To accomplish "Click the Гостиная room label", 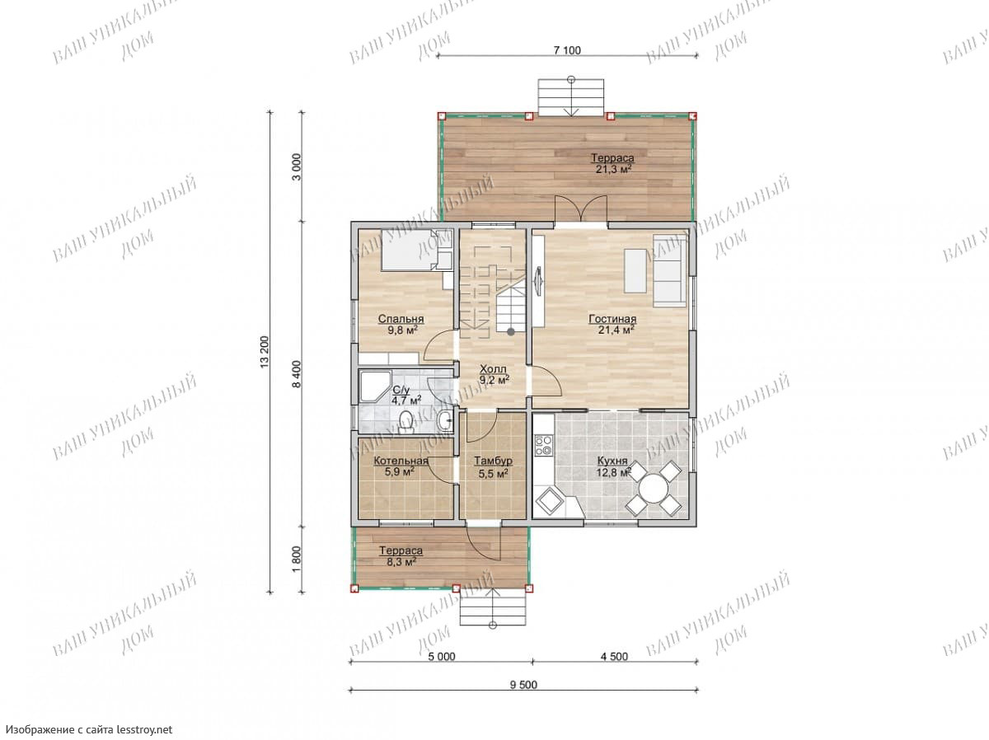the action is (612, 319).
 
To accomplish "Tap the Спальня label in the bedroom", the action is (400, 319).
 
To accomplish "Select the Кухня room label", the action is (612, 461).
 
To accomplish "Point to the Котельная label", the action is (400, 461).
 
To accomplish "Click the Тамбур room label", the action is (493, 461).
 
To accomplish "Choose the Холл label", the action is (493, 369).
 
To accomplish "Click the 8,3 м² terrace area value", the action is (400, 562).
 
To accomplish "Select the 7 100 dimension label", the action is (566, 50).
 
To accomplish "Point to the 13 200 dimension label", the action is (264, 351).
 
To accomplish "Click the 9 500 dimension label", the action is (523, 685).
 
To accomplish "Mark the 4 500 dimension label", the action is (613, 656).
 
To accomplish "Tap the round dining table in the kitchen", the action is (653, 488).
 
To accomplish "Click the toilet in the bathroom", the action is (405, 420).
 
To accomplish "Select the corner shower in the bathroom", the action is (375, 386).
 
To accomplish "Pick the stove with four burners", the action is (542, 445).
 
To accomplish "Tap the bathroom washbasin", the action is (443, 421).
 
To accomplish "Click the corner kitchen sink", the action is (549, 500).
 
